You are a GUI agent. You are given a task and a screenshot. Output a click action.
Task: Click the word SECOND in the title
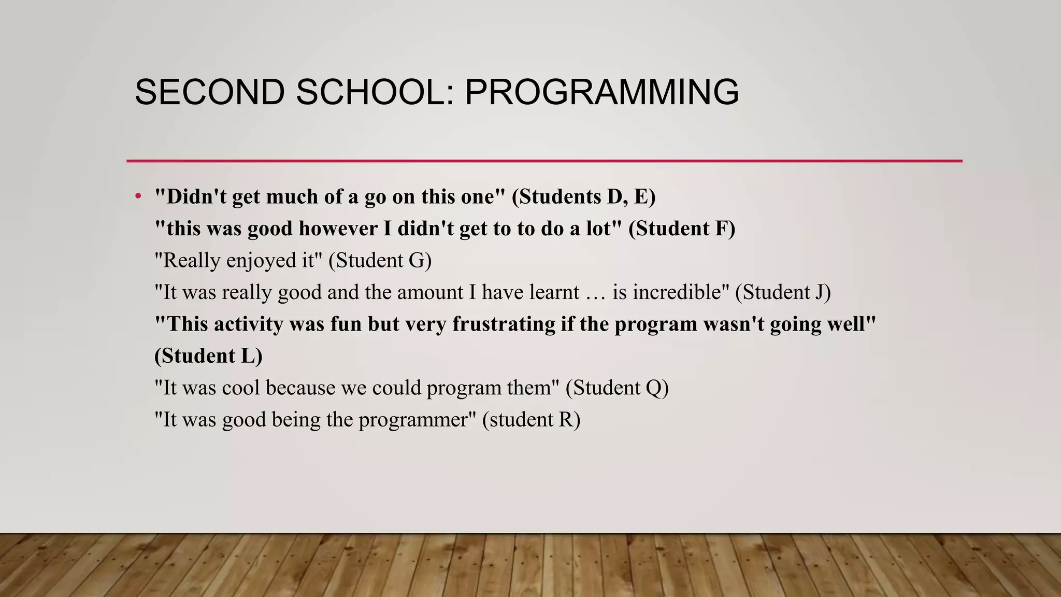(x=209, y=92)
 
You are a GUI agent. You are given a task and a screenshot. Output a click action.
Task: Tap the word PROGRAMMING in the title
(x=601, y=92)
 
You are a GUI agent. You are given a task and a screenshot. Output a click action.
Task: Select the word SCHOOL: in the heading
(x=375, y=92)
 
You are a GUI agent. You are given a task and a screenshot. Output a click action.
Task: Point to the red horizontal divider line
(x=544, y=161)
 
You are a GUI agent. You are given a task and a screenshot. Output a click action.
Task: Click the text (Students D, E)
(x=583, y=197)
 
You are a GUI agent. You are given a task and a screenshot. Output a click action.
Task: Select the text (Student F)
(x=681, y=229)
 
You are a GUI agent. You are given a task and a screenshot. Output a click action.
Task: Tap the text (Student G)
(x=380, y=261)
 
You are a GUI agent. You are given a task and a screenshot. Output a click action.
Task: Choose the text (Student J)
(x=783, y=292)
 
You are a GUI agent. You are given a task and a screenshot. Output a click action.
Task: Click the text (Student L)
(x=208, y=356)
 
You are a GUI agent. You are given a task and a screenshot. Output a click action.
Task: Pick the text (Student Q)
(x=616, y=388)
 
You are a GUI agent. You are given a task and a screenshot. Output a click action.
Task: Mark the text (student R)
(x=531, y=420)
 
